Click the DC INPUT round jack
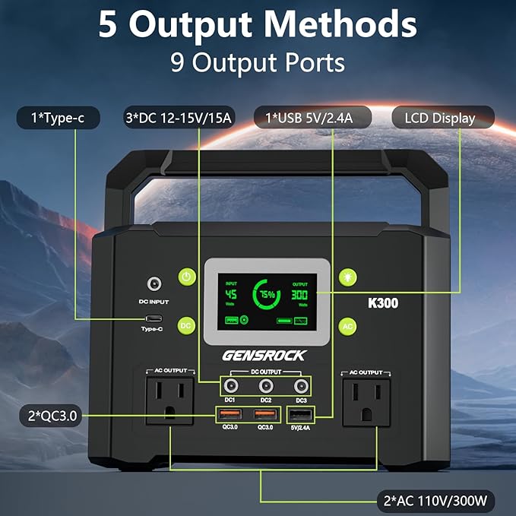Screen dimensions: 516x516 pyautogui.click(x=155, y=284)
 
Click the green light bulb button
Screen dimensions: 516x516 pyautogui.click(x=347, y=277)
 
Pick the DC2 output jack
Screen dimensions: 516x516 pyautogui.click(x=265, y=385)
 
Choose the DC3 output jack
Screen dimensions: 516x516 pyautogui.click(x=302, y=385)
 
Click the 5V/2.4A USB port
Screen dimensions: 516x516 pyautogui.click(x=299, y=415)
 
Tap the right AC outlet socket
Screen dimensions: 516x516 pyautogui.click(x=366, y=401)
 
